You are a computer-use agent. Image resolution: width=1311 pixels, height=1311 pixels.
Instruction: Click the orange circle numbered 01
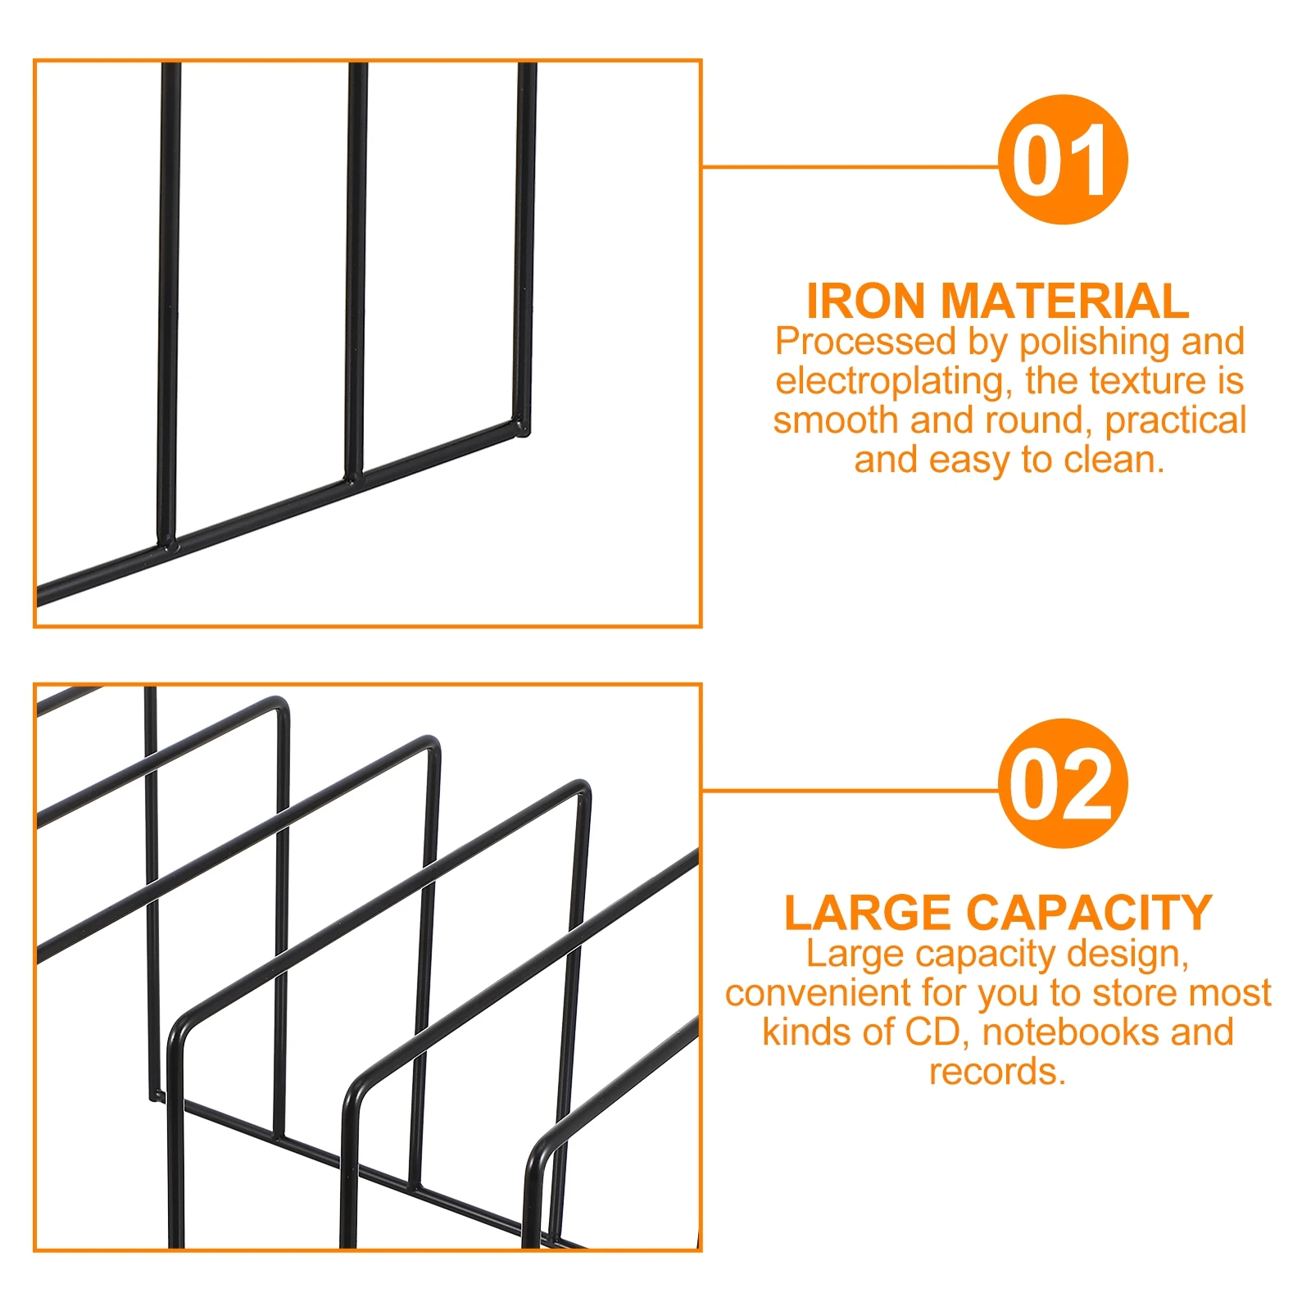tap(1062, 159)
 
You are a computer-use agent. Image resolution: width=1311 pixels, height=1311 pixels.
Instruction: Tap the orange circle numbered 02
tap(1062, 783)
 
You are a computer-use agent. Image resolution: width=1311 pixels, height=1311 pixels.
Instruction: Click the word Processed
tap(865, 342)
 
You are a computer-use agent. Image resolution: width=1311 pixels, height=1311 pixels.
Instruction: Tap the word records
tap(997, 1071)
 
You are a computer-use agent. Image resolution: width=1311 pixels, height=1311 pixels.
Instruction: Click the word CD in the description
tap(932, 1032)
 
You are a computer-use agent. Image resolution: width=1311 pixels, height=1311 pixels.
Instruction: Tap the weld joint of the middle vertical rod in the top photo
tap(353, 476)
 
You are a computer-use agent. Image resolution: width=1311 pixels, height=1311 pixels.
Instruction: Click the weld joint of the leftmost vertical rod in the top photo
tap(168, 543)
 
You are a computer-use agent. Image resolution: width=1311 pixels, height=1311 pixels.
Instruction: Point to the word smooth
tap(835, 420)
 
